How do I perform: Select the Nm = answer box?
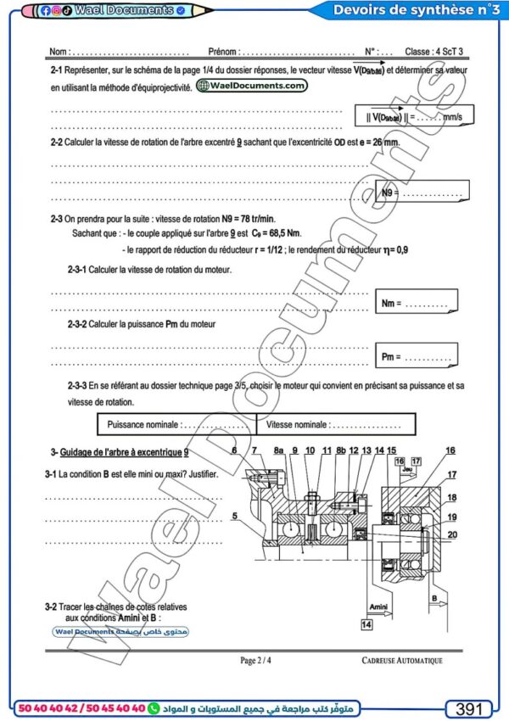coord(416,303)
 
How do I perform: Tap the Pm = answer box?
coord(416,358)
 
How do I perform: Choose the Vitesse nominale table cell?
coord(337,423)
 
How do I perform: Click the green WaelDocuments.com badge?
coord(251,86)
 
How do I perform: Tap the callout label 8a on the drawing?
coord(278,450)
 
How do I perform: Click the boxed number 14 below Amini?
coord(366,623)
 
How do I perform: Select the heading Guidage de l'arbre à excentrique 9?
coord(123,453)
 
